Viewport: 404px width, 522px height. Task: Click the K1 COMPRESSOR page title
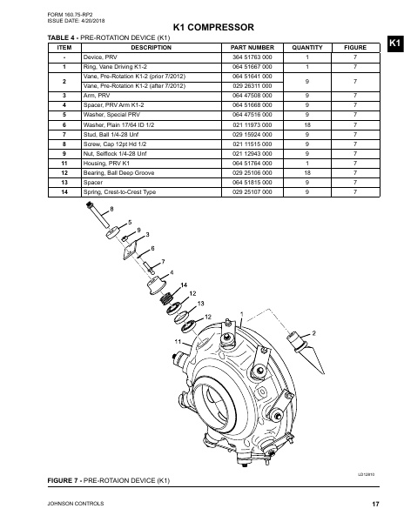tap(201, 28)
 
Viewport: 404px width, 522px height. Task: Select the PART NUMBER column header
tap(247, 49)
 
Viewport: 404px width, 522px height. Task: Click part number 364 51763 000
tap(247, 57)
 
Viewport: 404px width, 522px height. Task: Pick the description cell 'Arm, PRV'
tap(96, 96)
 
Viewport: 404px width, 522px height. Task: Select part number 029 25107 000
tap(247, 191)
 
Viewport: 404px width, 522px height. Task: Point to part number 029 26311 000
tap(247, 86)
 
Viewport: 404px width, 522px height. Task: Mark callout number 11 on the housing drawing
tap(178, 342)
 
